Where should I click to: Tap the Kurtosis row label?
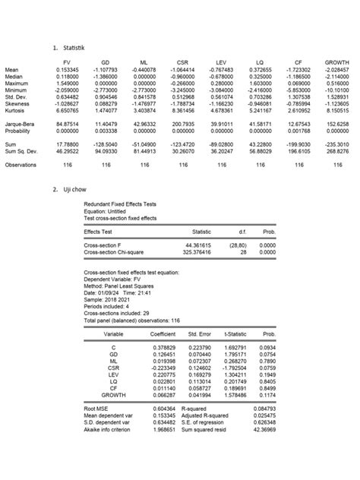point(16,111)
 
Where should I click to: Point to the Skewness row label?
point(18,104)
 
